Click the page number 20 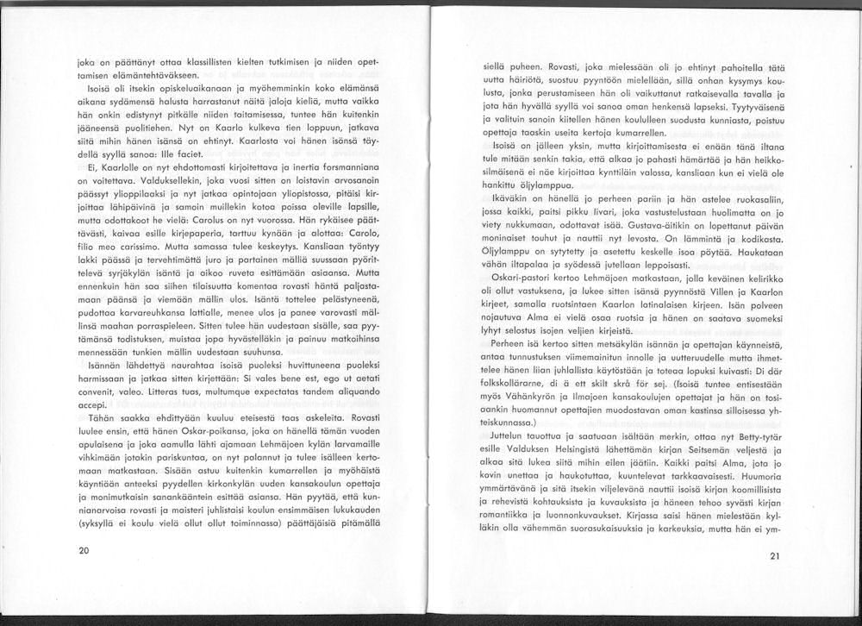(x=84, y=548)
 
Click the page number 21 (x=773, y=556)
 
